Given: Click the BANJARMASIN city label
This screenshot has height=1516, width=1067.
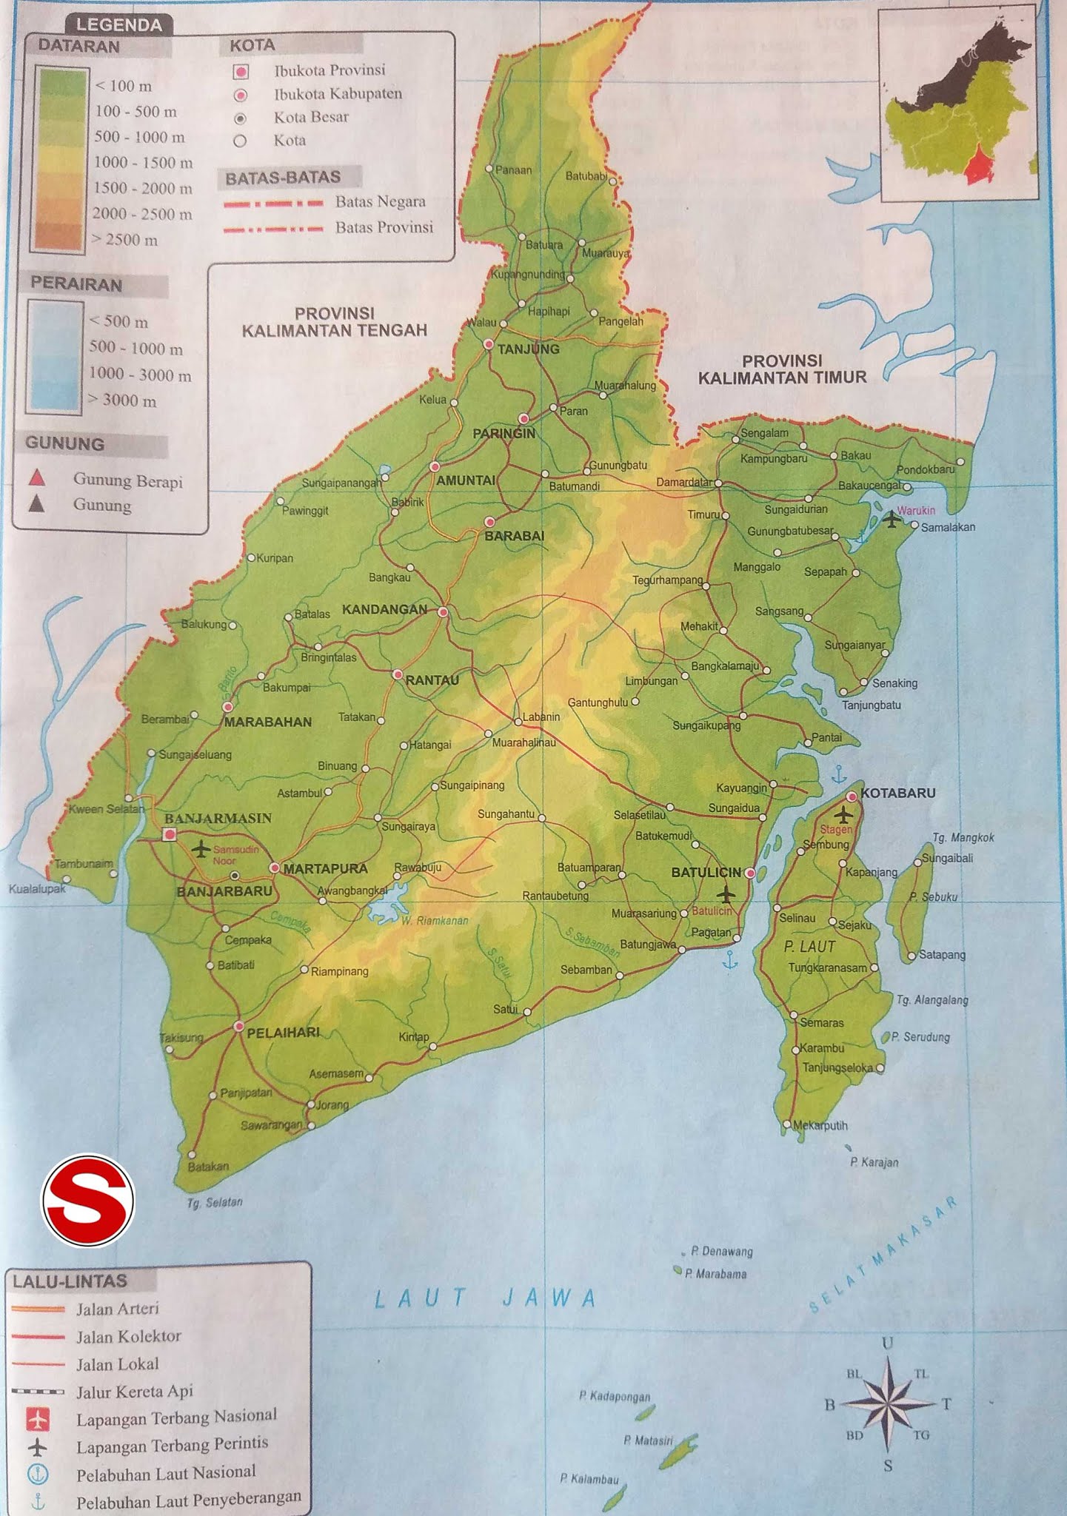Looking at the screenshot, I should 218,818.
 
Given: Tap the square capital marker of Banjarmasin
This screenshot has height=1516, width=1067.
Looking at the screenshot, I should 170,834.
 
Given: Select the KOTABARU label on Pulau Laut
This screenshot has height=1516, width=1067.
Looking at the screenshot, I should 897,793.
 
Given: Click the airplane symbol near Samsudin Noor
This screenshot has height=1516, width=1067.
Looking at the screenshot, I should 200,848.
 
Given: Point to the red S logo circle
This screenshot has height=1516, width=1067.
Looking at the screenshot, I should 88,1200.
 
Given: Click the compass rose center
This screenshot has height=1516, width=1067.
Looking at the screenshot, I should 888,1403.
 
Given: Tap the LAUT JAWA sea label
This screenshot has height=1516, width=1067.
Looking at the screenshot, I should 485,1298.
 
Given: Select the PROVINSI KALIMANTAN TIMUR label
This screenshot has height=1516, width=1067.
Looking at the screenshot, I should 782,369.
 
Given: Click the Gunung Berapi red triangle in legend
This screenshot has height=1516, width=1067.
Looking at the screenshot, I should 37,479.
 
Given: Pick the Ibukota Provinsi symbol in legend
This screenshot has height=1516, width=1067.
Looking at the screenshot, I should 240,72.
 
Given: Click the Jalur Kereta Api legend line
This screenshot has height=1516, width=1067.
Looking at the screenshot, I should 38,1391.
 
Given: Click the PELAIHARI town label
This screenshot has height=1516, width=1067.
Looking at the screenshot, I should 283,1032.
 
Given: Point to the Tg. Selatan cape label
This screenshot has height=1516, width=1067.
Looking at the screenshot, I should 215,1203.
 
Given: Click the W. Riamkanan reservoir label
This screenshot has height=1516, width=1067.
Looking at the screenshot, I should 435,921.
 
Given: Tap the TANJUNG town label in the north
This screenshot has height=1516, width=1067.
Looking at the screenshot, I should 528,349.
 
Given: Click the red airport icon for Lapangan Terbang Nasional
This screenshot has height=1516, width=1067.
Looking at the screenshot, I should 38,1419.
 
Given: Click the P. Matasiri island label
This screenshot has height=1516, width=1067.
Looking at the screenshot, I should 648,1440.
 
